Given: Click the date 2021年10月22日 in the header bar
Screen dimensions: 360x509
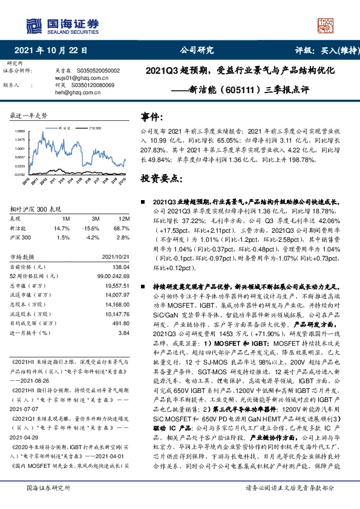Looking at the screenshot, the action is (50, 51).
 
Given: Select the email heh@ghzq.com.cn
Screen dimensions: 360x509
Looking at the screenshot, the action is (74, 93).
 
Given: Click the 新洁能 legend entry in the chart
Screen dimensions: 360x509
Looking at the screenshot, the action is (65, 129).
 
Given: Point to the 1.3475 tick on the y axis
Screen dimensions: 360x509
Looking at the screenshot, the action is (19, 140).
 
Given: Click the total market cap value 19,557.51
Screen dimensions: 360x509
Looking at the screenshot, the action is (116, 285).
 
